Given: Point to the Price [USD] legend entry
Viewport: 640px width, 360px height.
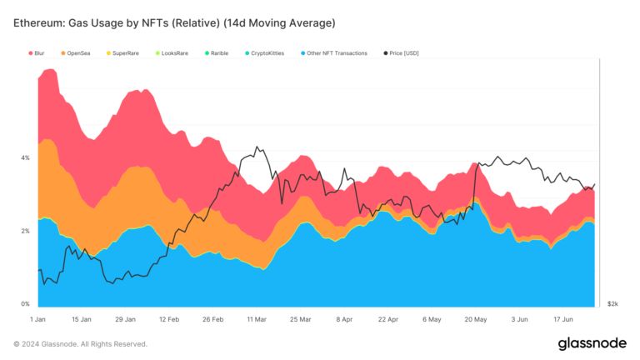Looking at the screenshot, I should click(403, 52).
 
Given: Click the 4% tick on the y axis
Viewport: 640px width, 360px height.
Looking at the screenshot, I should click(25, 157).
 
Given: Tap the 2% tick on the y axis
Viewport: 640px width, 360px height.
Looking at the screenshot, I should click(25, 231).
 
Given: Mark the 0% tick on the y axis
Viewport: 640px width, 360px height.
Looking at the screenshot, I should click(25, 304).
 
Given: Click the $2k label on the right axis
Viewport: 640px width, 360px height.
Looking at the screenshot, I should click(612, 304).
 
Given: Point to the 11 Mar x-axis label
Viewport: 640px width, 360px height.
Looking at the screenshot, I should click(255, 319).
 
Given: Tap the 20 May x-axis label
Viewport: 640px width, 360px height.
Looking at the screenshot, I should click(474, 319).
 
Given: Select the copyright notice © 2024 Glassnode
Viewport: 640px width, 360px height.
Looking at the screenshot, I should click(80, 344).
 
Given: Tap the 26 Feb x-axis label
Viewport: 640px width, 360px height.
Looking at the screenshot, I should click(212, 319).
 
